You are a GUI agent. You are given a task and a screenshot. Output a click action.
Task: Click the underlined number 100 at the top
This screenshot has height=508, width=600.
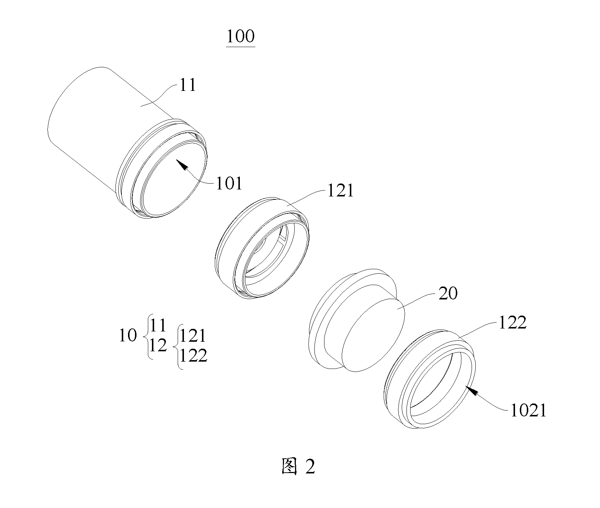coord(241,37)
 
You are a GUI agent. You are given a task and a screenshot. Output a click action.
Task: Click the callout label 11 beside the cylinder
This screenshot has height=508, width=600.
coord(188,85)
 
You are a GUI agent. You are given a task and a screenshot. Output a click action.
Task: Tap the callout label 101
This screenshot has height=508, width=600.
coord(229,183)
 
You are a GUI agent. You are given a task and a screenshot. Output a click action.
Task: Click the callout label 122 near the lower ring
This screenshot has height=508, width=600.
coord(512,323)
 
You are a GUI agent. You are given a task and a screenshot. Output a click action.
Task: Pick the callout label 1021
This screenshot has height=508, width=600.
coord(528,411)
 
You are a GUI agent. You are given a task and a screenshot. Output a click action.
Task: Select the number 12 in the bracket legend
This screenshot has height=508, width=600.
coord(158,345)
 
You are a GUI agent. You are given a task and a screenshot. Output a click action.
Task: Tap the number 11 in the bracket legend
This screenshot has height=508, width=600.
coord(158,325)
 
